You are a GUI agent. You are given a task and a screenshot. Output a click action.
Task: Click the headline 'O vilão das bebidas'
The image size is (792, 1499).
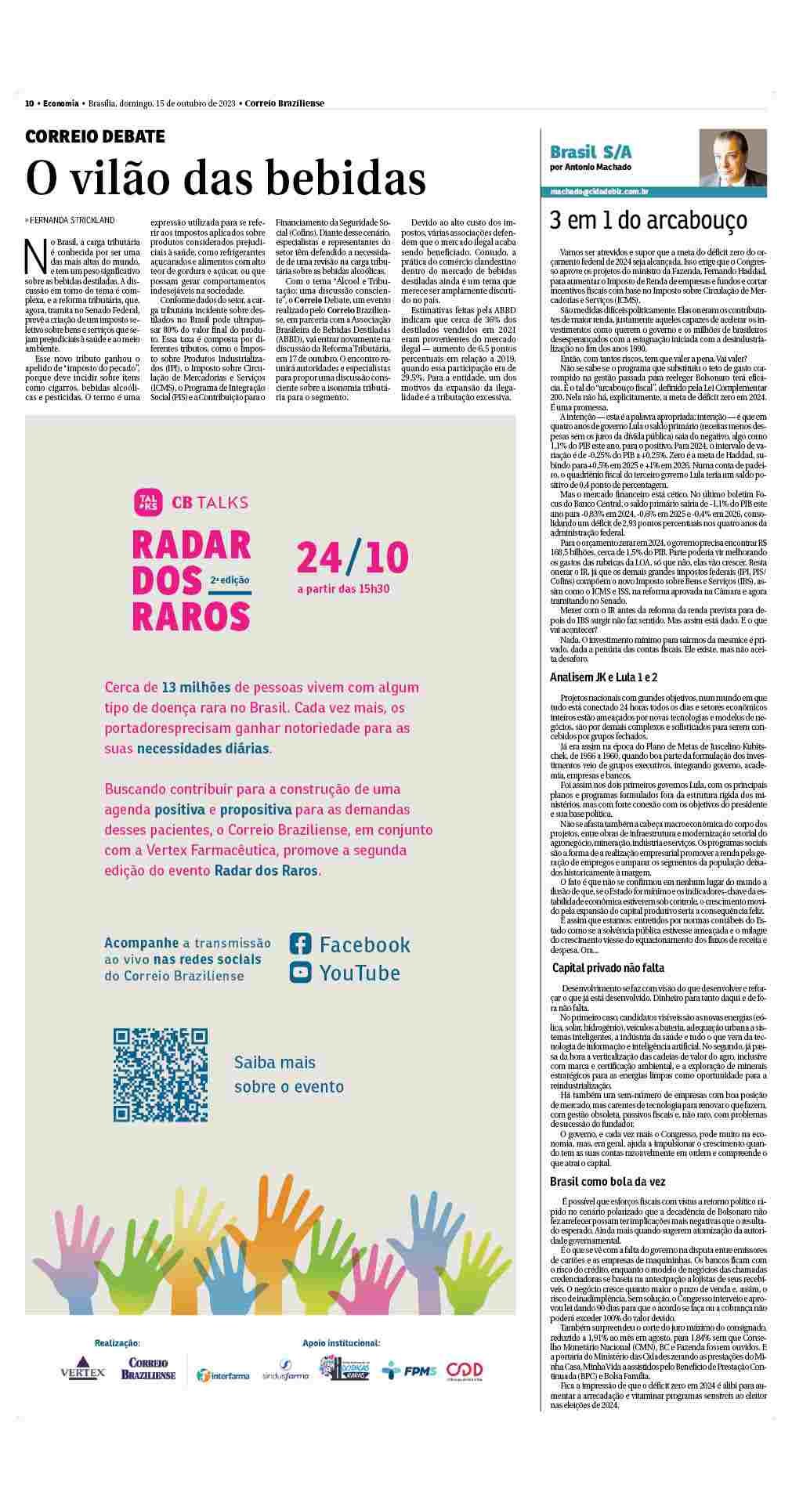coord(226,178)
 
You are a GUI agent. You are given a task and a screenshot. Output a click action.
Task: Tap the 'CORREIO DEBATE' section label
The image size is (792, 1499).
coord(95,137)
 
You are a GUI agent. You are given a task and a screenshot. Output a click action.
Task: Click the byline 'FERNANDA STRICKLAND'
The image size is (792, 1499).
coord(72,220)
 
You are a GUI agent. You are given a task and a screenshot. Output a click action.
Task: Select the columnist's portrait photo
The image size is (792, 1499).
coord(733,157)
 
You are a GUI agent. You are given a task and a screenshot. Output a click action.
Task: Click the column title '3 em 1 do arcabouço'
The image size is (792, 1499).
coord(648,220)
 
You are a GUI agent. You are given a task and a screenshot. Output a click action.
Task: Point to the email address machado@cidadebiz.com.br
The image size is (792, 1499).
coord(599,192)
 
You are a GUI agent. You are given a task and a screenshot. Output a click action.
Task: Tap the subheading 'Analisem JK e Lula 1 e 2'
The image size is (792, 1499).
coord(603,677)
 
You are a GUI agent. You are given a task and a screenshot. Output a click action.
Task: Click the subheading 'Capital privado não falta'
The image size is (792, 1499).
coord(609,968)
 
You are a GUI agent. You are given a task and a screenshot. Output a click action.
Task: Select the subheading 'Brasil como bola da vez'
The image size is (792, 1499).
coord(608,1182)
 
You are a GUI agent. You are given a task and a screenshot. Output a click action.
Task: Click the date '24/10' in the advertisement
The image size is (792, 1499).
coord(353,557)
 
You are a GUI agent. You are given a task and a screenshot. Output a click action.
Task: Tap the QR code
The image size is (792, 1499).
coord(161,1075)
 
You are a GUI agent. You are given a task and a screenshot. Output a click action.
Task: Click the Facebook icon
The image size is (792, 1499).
coord(301,943)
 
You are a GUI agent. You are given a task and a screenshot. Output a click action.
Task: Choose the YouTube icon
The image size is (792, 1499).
coord(301,972)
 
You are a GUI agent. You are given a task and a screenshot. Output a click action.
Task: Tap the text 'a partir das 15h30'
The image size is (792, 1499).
coord(343,588)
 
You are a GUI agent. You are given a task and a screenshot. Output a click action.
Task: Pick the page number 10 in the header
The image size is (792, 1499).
coord(29,103)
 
